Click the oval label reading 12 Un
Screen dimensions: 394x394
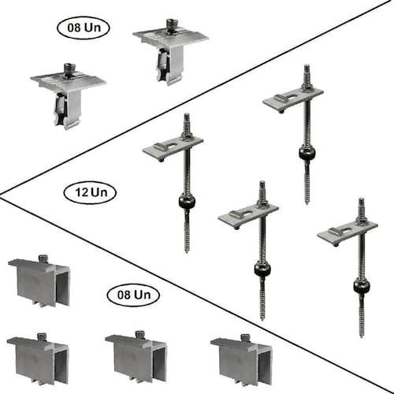pos(90,192)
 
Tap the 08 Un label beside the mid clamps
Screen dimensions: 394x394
pos(83,28)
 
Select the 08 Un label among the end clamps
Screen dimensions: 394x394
pos(133,295)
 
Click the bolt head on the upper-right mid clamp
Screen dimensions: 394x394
pos(171,25)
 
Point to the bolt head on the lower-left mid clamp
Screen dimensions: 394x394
pos(69,70)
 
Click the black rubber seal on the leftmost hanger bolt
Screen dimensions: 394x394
pos(187,202)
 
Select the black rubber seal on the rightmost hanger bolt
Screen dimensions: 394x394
pos(362,287)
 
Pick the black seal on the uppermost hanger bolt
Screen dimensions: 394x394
pos(307,154)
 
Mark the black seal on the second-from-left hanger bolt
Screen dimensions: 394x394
pos(262,269)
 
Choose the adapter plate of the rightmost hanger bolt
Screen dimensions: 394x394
pos(348,232)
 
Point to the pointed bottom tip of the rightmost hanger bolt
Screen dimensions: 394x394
pos(362,337)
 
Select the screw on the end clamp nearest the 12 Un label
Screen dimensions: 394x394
pos(43,258)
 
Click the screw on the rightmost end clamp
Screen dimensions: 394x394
pos(245,337)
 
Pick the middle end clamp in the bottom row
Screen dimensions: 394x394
pos(136,358)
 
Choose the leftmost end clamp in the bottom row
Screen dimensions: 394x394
pos(38,359)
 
